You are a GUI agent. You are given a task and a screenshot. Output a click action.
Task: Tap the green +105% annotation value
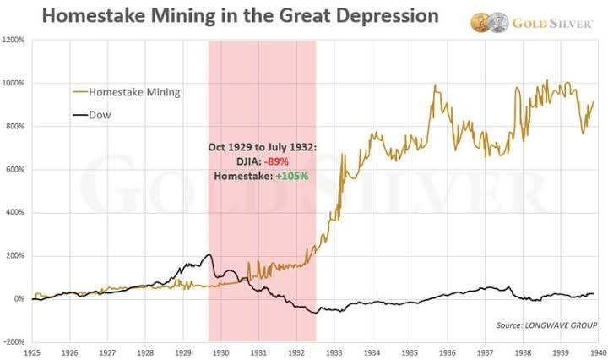(290, 176)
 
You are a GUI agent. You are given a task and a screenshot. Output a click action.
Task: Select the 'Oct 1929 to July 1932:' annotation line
(262, 147)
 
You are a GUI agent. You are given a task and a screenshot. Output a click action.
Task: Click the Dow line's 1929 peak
(209, 254)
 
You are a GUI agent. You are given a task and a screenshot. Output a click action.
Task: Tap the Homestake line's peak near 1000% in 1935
(435, 85)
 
